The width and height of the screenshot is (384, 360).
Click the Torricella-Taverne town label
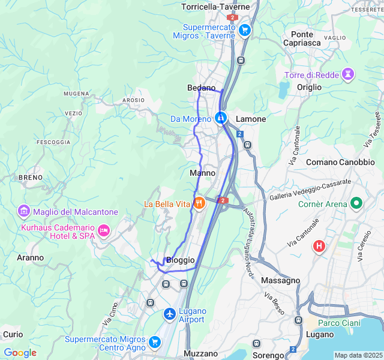point(215,7)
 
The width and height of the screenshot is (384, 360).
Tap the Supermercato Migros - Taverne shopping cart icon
point(244,29)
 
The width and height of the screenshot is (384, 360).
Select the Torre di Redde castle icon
point(347,74)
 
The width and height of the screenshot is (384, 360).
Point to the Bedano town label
point(201,88)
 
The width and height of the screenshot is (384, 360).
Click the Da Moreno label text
point(191,119)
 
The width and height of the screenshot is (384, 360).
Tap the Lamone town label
point(251,119)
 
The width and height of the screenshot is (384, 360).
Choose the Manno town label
point(202,173)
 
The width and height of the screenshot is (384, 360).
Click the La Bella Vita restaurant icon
point(199,203)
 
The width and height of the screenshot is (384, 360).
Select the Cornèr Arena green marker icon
point(356,203)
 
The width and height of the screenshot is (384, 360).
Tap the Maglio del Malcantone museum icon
point(24,211)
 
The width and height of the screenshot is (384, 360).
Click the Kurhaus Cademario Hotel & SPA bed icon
point(104,230)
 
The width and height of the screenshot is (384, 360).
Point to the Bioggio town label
point(180,260)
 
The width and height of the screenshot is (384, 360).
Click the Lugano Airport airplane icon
point(170,314)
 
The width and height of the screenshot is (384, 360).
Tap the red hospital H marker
point(319,245)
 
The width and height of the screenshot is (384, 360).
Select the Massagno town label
point(281,280)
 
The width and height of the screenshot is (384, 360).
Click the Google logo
point(20,353)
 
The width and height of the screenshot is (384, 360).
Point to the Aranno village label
point(30,257)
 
